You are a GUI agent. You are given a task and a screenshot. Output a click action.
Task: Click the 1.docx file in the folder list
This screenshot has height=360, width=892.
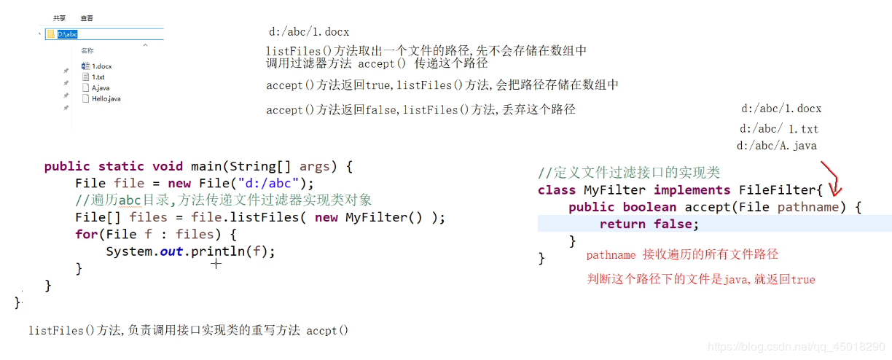tap(101, 66)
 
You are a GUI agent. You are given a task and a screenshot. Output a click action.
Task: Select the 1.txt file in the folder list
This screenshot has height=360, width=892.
tap(98, 77)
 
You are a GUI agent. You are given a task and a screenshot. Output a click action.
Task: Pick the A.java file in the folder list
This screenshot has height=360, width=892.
tap(100, 87)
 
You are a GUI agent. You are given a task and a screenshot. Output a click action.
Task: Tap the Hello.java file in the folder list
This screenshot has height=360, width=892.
tap(106, 98)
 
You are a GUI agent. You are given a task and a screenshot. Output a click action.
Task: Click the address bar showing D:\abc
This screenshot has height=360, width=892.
tap(109, 34)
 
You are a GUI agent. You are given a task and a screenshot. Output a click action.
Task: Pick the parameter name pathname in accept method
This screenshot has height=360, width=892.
tap(808, 207)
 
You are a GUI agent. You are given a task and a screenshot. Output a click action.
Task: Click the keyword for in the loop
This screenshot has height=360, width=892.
tap(86, 234)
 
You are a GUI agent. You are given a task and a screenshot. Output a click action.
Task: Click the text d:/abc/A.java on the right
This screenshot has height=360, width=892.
tap(776, 146)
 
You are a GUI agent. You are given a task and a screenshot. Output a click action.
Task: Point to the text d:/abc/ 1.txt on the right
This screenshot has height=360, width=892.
tap(779, 129)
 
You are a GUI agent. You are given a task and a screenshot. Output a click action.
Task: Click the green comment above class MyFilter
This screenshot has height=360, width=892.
tap(628, 173)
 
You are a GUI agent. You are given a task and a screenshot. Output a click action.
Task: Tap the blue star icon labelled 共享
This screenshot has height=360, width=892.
tap(60, 17)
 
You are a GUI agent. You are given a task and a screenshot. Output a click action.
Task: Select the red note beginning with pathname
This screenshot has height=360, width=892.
tap(682, 254)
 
